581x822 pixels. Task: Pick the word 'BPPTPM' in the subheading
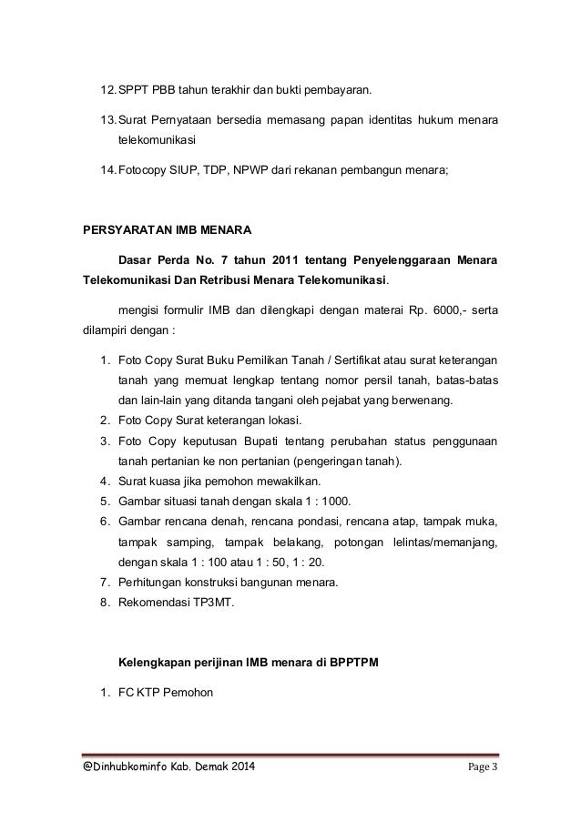click(361, 662)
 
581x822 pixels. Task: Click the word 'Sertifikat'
click(361, 361)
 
